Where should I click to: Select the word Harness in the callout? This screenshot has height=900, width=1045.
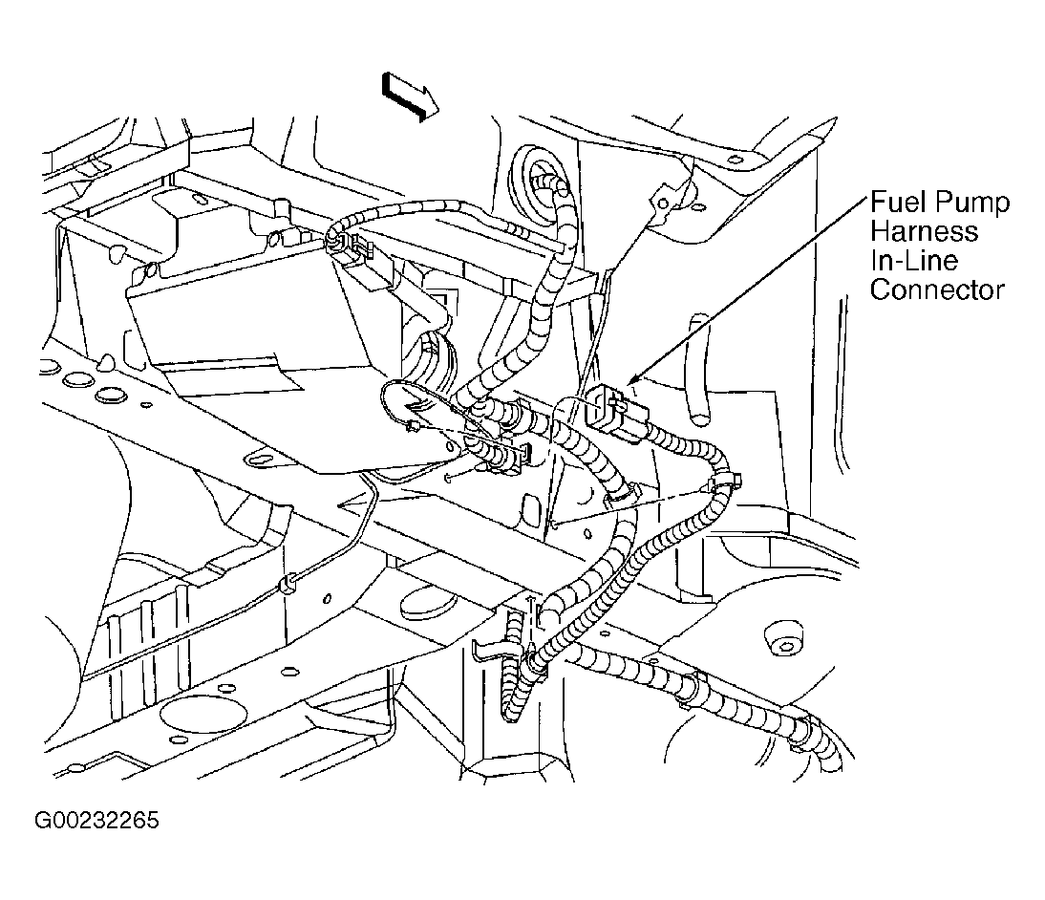pyautogui.click(x=925, y=231)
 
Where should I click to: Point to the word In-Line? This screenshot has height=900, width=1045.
pyautogui.click(x=914, y=260)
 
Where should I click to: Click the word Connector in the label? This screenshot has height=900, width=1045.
pyautogui.click(x=937, y=289)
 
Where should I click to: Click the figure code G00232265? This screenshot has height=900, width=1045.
pyautogui.click(x=96, y=820)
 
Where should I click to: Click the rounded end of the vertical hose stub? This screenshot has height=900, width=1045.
pyautogui.click(x=700, y=418)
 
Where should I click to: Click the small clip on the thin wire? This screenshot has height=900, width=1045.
pyautogui.click(x=288, y=585)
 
